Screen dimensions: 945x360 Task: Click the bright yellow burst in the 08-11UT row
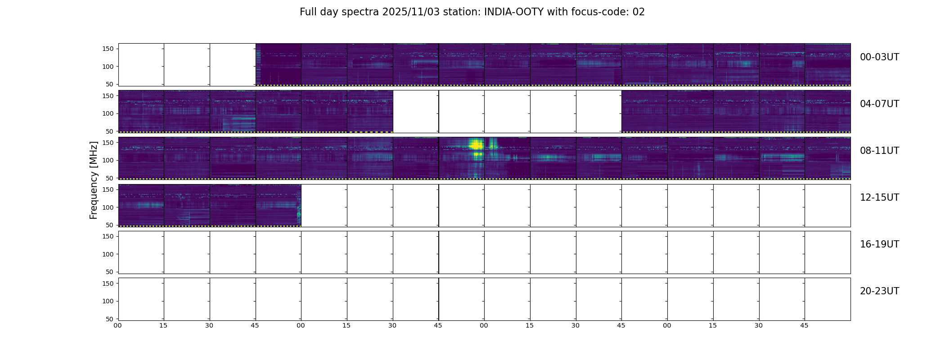tap(475, 145)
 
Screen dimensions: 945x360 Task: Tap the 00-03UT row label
tap(879, 57)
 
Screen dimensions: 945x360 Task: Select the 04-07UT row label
tap(879, 104)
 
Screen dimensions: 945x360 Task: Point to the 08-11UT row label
tap(879, 151)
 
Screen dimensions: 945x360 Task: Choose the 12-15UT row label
tap(879, 198)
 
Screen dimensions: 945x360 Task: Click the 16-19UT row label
tap(879, 244)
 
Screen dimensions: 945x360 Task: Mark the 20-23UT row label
tap(879, 291)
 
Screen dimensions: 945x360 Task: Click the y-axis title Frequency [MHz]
tap(94, 180)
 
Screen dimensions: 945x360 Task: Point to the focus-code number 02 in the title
tap(639, 12)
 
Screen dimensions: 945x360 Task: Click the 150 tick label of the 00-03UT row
tap(108, 49)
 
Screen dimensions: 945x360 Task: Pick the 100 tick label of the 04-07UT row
tap(108, 114)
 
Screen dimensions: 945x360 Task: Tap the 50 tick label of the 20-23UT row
tap(109, 319)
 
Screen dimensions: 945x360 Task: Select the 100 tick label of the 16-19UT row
tap(108, 254)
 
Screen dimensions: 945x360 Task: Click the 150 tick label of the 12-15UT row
tap(108, 189)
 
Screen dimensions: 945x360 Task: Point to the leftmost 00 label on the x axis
tap(118, 325)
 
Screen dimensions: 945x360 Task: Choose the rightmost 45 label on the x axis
tap(804, 325)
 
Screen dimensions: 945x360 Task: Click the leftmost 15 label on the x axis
tap(163, 325)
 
